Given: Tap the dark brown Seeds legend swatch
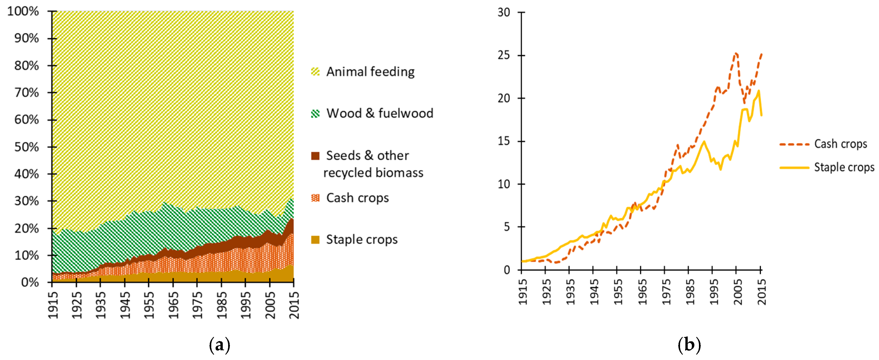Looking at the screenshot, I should [315, 156].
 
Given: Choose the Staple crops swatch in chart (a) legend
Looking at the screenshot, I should [315, 239].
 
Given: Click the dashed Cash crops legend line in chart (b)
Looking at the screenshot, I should [794, 144].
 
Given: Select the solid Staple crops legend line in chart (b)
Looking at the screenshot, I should [794, 168].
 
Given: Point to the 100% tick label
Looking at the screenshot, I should [23, 11].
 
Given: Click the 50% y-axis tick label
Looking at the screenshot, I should [27, 147].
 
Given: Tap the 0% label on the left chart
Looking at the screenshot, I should [30, 282].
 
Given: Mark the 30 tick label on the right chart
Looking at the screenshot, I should [504, 12].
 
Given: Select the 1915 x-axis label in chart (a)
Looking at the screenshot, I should [53, 305].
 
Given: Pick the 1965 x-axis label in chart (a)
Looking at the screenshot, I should [173, 305].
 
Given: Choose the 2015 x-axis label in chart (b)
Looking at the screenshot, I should [761, 292].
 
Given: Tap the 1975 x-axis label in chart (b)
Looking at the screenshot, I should [666, 292].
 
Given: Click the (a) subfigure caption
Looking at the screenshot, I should [219, 345].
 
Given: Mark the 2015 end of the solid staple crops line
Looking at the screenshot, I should [761, 115].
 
